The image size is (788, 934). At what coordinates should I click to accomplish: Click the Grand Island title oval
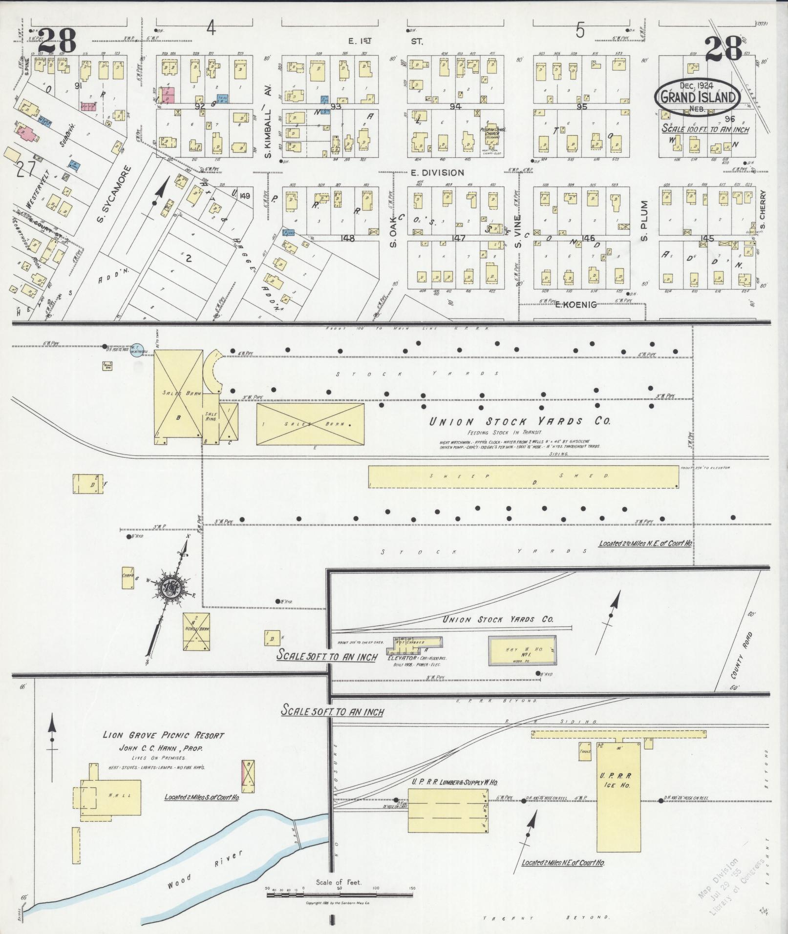(x=698, y=96)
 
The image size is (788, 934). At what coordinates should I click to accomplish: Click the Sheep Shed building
(x=523, y=477)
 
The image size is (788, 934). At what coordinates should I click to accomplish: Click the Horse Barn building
(x=196, y=631)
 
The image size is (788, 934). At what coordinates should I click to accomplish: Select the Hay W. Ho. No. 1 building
(x=522, y=650)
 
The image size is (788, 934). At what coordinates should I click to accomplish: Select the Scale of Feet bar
(x=340, y=895)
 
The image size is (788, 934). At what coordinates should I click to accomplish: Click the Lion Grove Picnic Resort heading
(x=163, y=735)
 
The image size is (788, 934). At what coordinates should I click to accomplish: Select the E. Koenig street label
(x=576, y=305)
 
